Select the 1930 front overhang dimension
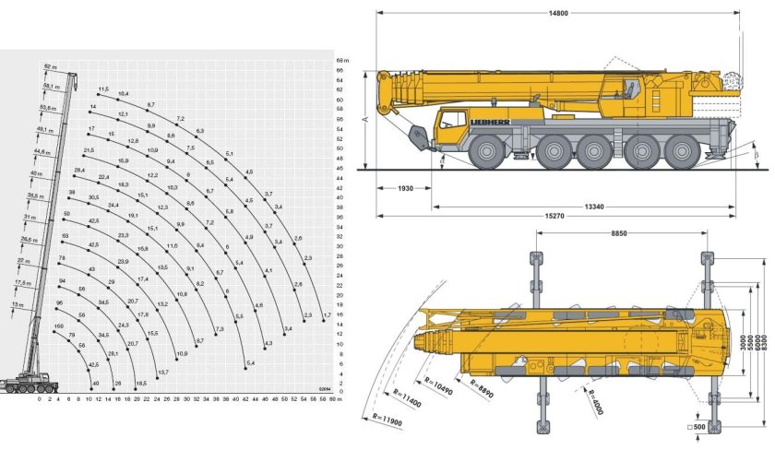click(401, 188)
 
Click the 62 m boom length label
click(48, 66)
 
